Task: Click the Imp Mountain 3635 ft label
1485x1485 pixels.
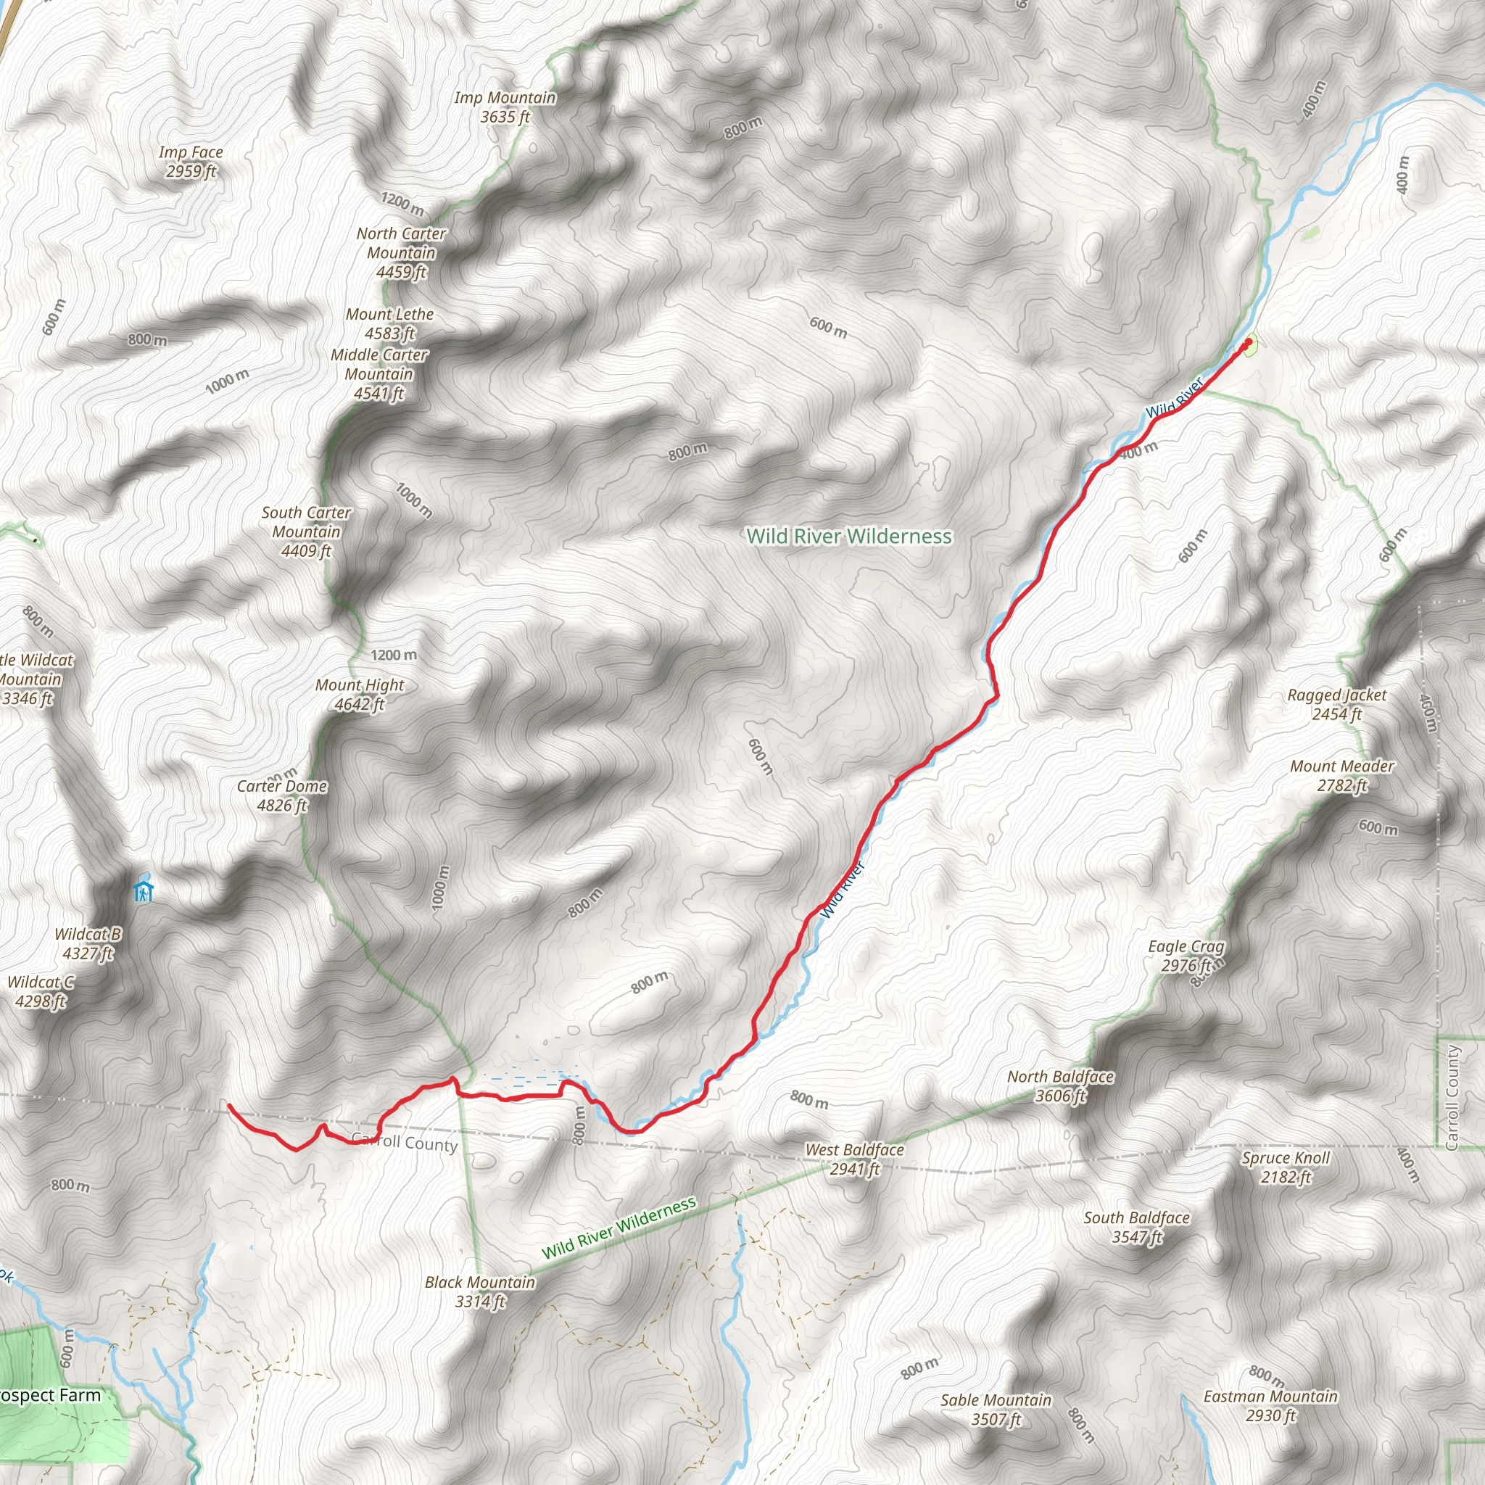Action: tap(504, 107)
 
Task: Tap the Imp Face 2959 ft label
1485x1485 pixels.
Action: tap(191, 162)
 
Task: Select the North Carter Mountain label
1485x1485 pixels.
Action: tap(401, 253)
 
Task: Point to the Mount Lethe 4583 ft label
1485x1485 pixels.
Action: tap(389, 323)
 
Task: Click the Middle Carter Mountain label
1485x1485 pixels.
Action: tap(379, 374)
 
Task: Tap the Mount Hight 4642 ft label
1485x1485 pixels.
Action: tap(359, 695)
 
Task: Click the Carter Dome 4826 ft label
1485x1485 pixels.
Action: tap(281, 795)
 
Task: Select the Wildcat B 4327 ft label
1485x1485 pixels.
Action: tap(88, 944)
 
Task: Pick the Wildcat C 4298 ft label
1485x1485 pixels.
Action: tap(41, 991)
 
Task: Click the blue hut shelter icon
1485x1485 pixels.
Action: tap(143, 892)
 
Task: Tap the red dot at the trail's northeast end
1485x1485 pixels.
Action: tap(1247, 343)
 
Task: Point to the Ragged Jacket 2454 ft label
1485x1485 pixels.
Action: tap(1336, 705)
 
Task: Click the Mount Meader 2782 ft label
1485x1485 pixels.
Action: tap(1342, 776)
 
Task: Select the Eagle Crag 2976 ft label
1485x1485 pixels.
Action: tap(1186, 956)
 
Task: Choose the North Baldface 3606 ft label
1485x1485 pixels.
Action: tap(1061, 1086)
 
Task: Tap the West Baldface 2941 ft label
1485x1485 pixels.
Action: tap(854, 1159)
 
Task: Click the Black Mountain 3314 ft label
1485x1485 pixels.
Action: tap(479, 1291)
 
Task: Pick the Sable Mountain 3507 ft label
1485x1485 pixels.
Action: tap(996, 1409)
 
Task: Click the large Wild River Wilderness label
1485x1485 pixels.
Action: tap(849, 537)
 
